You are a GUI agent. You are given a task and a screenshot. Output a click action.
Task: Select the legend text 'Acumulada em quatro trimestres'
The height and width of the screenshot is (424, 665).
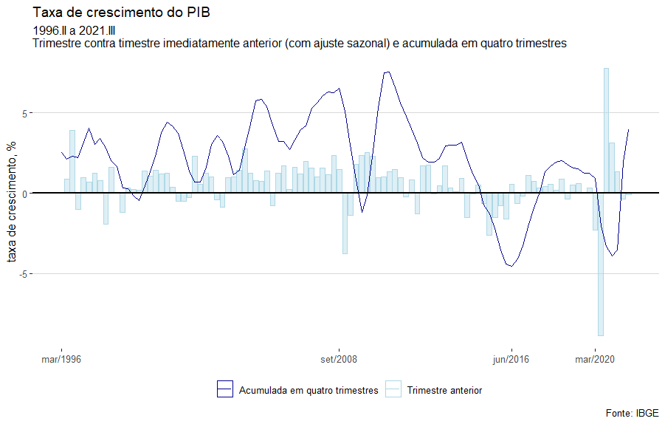point(309,390)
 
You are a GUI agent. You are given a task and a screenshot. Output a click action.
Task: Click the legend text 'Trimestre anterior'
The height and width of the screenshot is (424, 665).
point(444,390)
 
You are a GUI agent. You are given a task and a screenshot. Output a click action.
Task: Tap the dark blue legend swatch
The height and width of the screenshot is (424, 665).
point(224,389)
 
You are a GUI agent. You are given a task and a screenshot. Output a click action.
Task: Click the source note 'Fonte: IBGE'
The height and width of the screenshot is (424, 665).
point(632,412)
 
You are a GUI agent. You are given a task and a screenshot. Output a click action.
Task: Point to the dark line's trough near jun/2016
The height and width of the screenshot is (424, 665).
point(510,265)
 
